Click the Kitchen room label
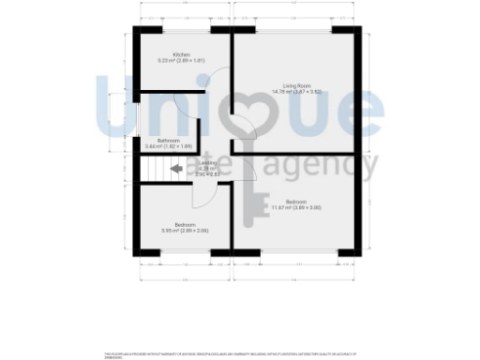182,55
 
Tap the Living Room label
296,85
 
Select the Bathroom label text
170,141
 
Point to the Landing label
207,163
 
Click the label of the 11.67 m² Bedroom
296,202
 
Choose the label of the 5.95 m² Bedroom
178,224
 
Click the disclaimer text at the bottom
231,353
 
